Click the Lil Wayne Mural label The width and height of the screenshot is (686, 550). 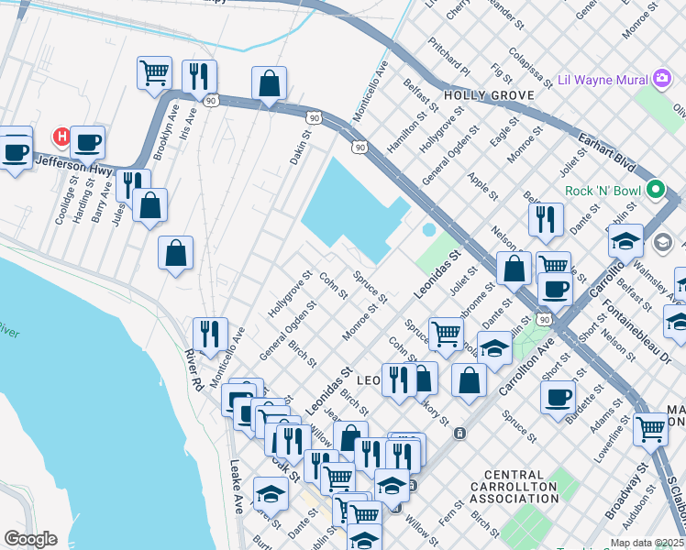(599, 80)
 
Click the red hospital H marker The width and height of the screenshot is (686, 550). (61, 137)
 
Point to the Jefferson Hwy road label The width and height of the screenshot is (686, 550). (72, 165)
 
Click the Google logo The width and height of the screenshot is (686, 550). (30, 539)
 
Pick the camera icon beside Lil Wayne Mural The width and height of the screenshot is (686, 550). (661, 80)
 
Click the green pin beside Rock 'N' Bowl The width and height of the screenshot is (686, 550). (655, 191)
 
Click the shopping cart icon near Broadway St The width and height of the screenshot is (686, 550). (650, 427)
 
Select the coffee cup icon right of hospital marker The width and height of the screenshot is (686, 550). (88, 143)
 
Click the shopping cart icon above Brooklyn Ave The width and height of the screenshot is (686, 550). (155, 73)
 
